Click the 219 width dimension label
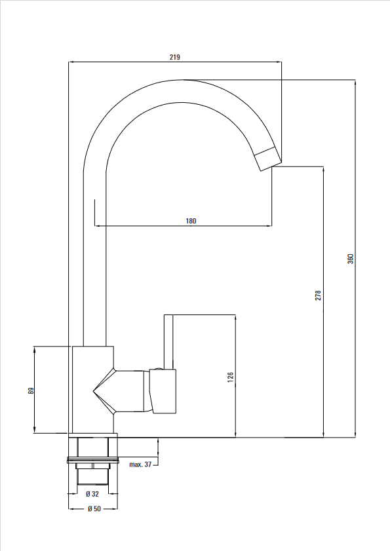tap(175, 57)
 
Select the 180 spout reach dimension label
tap(191, 221)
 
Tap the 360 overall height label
tap(351, 259)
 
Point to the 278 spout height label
tap(318, 295)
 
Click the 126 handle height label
tap(230, 377)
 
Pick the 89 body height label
tap(31, 390)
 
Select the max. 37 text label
tap(140, 465)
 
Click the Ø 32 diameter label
tap(92, 494)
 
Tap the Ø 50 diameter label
tap(94, 508)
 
